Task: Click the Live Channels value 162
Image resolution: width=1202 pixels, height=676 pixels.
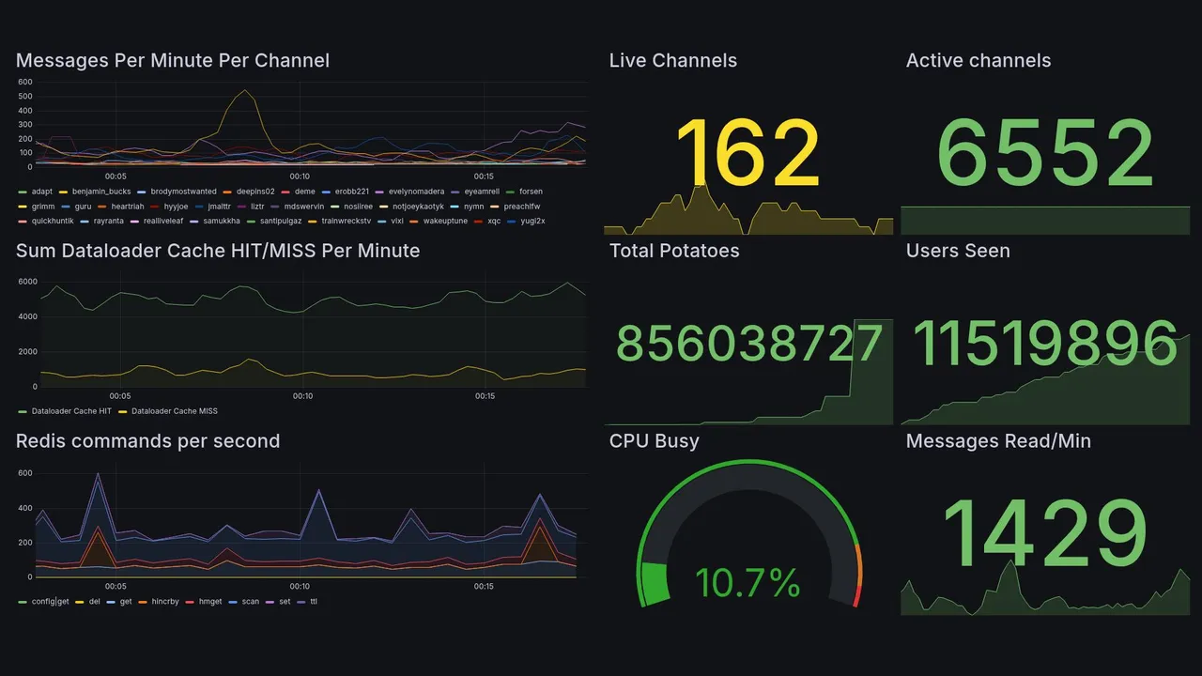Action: tap(747, 153)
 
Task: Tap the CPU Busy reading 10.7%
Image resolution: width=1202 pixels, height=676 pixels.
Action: tap(747, 583)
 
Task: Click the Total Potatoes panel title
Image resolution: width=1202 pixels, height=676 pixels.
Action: tap(674, 251)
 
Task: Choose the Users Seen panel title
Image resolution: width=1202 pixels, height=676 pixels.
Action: tap(958, 251)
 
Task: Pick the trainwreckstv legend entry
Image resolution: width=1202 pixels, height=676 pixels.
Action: tap(347, 222)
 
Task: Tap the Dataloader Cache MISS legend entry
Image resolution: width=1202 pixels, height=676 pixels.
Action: tap(174, 411)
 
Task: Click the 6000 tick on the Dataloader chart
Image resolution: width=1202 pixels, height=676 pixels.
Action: tap(27, 282)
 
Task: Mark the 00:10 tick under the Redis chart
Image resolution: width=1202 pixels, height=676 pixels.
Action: tap(300, 587)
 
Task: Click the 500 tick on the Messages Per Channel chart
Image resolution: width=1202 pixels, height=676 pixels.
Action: tap(25, 96)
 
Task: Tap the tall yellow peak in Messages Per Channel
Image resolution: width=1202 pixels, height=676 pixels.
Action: tap(245, 91)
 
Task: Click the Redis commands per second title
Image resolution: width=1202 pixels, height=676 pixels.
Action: tap(147, 441)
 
